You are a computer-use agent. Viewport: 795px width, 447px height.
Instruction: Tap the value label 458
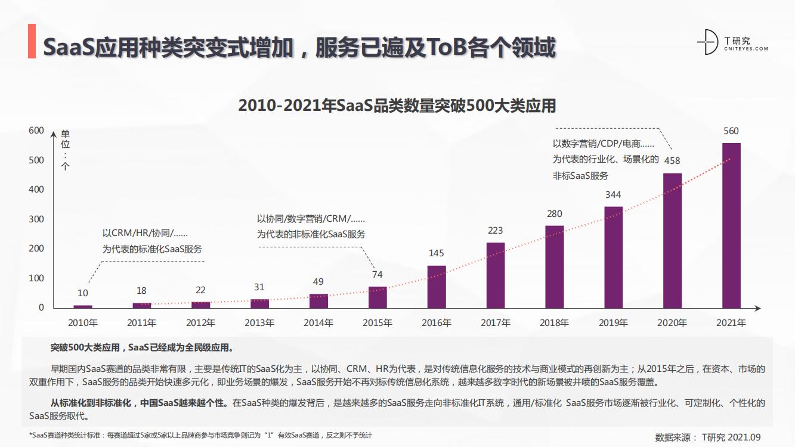tap(672, 160)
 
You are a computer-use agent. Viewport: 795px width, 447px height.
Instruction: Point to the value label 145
tap(436, 253)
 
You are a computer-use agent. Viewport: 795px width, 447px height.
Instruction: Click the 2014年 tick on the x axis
tap(318, 323)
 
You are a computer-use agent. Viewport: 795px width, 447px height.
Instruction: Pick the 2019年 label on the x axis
tap(613, 323)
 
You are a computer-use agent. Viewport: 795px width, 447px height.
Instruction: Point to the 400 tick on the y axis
tap(36, 190)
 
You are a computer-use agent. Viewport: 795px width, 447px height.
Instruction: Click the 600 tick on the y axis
tap(36, 131)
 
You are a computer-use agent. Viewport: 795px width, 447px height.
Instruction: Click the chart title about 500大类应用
tap(397, 105)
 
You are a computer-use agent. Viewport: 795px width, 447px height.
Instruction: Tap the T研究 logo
tap(732, 42)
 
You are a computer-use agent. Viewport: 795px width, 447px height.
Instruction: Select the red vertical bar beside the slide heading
tap(32, 42)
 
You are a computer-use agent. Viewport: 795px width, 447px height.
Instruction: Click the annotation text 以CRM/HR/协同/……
tap(145, 234)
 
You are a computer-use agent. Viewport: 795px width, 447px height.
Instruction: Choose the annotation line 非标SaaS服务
tap(580, 175)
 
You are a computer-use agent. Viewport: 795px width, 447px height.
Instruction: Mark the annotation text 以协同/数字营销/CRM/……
tap(311, 219)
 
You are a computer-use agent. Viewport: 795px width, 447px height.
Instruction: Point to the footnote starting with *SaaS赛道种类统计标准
tap(200, 436)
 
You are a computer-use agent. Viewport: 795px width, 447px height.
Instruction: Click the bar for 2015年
tap(378, 297)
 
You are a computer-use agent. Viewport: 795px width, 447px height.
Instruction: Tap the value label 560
tap(731, 131)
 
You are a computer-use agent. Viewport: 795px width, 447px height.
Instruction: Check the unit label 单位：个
tap(65, 150)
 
